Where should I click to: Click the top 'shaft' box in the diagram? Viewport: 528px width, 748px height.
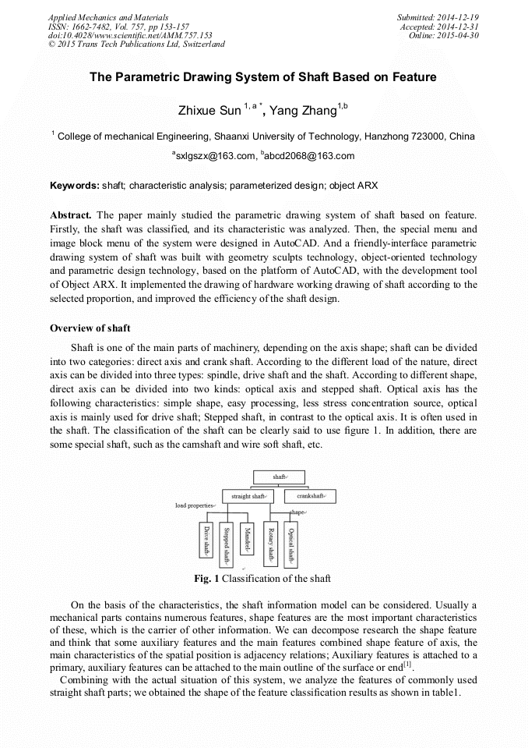[279, 476]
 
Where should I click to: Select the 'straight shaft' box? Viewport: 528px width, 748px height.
[248, 496]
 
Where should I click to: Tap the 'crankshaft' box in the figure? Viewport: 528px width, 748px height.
[310, 496]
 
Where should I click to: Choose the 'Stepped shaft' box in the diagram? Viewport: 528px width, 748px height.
[226, 544]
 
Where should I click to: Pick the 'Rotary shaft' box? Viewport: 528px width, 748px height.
[270, 544]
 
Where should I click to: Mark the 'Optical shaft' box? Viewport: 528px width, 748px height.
[290, 544]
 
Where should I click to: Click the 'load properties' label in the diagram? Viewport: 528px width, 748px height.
[195, 505]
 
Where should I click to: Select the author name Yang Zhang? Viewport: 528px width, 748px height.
[304, 111]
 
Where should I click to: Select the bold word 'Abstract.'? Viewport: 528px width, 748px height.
[71, 214]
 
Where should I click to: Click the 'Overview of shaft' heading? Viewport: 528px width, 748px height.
[90, 328]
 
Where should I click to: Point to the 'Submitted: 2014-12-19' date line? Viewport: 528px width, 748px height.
[437, 16]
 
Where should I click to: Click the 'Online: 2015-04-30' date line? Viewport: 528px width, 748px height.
[444, 35]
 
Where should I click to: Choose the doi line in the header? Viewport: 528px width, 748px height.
[130, 35]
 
